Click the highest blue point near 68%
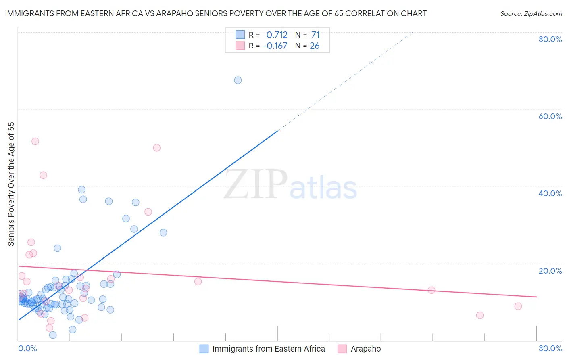[x=238, y=80]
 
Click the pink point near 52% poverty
[x=35, y=141]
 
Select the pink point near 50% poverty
[x=157, y=148]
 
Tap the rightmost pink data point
[x=518, y=306]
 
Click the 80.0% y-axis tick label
[x=550, y=39]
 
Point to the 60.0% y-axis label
[x=550, y=116]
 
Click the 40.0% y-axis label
[x=550, y=193]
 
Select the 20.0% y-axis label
[x=550, y=271]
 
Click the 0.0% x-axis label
[x=28, y=349]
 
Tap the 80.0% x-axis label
[x=550, y=349]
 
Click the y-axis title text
[x=11, y=184]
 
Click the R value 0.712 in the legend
[x=277, y=35]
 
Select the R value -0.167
[x=275, y=46]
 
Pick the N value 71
[x=315, y=35]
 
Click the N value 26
[x=315, y=46]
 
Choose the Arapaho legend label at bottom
[x=366, y=349]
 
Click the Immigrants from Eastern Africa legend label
[x=269, y=349]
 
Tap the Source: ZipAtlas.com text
[x=531, y=14]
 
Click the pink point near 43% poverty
[x=43, y=175]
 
